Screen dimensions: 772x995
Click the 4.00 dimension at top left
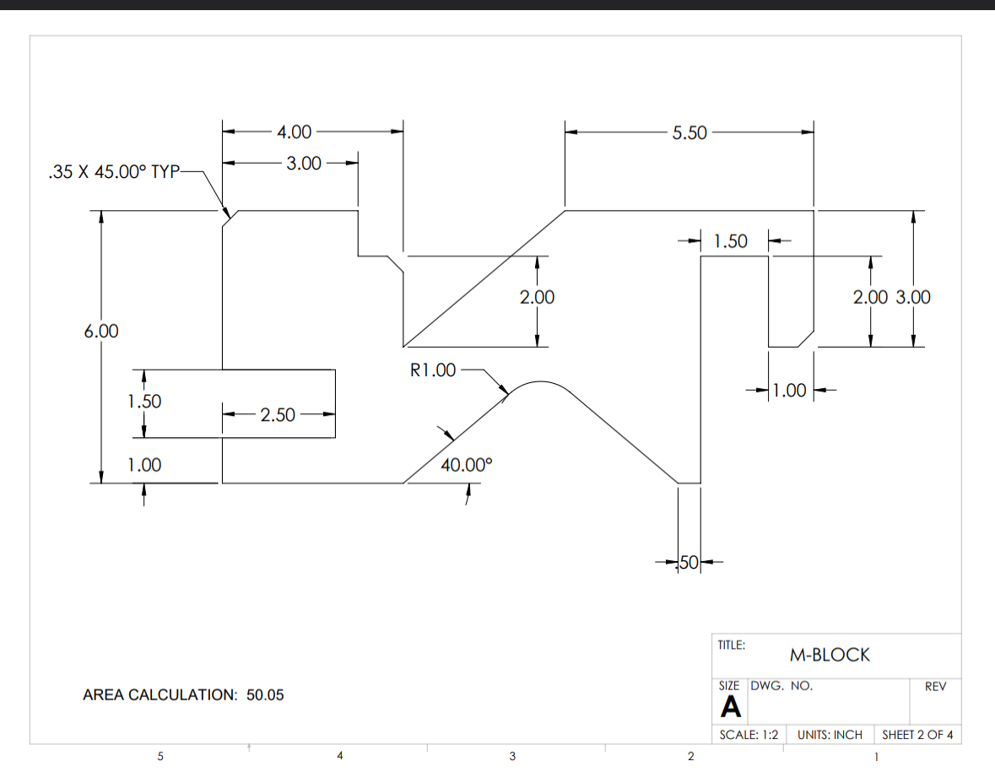[x=294, y=132]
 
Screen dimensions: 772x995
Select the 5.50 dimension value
[x=689, y=132]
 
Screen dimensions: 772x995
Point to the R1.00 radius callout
[x=432, y=370]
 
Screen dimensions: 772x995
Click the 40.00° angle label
[x=465, y=464]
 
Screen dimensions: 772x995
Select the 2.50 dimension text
[x=278, y=414]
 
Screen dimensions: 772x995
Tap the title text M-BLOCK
[x=829, y=655]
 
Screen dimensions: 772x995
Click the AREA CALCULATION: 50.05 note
[x=183, y=695]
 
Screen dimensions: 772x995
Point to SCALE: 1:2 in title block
[x=748, y=735]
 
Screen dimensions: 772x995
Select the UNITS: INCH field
[x=830, y=735]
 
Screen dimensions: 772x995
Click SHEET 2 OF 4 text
[x=917, y=735]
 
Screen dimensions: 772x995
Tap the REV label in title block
[x=936, y=687]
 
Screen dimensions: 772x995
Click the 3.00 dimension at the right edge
[x=913, y=297]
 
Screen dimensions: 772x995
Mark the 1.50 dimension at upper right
[x=730, y=241]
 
